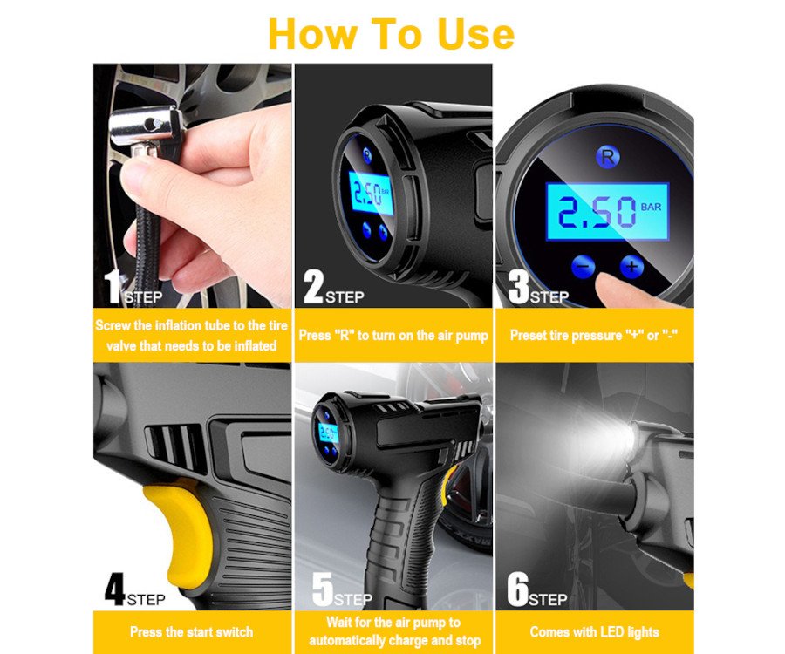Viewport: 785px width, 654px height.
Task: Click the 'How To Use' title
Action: (x=391, y=33)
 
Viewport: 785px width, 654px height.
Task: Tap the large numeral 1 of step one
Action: (x=113, y=287)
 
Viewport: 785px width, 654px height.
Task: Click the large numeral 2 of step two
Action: (x=313, y=286)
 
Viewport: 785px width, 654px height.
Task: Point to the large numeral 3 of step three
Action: (x=519, y=287)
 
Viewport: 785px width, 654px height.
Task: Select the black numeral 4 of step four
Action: (x=114, y=589)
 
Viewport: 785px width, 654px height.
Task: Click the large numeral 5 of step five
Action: (x=323, y=589)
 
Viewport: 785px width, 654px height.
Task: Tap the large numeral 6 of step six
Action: (x=517, y=589)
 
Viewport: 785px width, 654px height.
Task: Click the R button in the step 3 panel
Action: (x=608, y=157)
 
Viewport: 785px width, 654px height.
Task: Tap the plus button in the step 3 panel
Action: (x=631, y=266)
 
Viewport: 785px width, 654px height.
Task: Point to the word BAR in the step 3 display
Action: (x=651, y=207)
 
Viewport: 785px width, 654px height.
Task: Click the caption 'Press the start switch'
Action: (x=191, y=632)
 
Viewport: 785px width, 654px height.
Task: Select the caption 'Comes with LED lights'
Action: (x=594, y=632)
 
